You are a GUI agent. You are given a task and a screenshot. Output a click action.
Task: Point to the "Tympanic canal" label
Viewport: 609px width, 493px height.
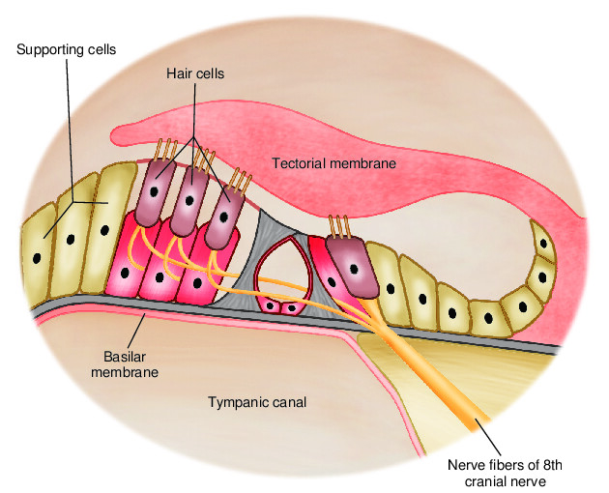point(257,402)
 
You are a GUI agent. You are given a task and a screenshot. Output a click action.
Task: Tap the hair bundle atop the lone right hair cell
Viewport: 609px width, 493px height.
point(339,225)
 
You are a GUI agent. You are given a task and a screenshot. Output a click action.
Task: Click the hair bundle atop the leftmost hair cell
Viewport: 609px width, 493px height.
point(164,151)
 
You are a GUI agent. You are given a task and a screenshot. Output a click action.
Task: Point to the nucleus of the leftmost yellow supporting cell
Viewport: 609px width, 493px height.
point(37,260)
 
